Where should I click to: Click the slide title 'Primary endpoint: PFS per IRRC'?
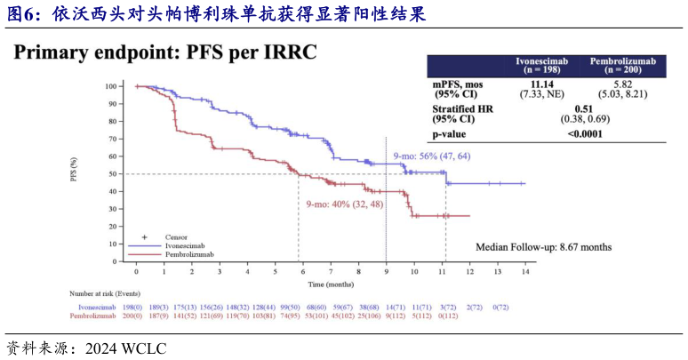(165, 52)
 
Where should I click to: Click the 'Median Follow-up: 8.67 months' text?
(543, 247)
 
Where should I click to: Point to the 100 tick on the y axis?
(110, 86)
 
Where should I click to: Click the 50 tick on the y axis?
(113, 174)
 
